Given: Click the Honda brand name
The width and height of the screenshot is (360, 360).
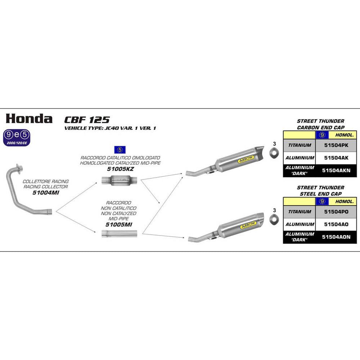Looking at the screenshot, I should (x=29, y=118).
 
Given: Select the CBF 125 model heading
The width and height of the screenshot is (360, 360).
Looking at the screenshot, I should (x=87, y=120).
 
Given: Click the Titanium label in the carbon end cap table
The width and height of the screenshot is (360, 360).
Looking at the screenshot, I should (x=299, y=145).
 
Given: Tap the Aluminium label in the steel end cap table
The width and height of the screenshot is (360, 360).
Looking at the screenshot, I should (x=299, y=224).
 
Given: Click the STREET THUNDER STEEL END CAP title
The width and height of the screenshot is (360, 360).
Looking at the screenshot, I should (x=320, y=191).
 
